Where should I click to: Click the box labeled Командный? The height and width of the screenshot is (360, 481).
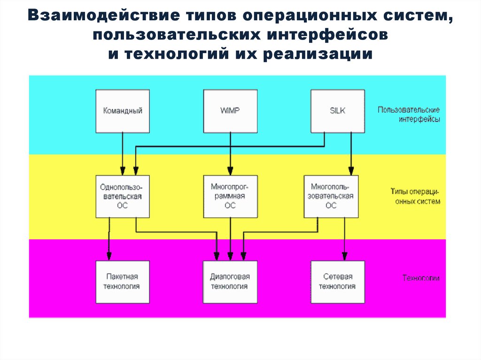point(123,111)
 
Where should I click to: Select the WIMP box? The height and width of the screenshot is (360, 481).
point(230,111)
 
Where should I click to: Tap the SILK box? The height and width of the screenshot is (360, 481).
point(338,111)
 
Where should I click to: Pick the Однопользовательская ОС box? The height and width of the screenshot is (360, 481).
point(123,196)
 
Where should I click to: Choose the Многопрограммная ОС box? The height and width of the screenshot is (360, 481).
point(230,196)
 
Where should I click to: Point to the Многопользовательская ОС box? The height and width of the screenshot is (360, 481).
point(331,196)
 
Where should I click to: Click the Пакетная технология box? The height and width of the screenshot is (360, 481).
point(123,282)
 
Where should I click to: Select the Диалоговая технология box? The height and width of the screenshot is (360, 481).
point(230,282)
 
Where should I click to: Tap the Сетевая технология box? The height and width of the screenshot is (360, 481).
point(338,282)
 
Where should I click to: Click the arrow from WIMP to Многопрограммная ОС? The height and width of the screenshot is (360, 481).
point(230,153)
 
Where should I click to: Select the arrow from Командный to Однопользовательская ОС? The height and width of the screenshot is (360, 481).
point(123,153)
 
